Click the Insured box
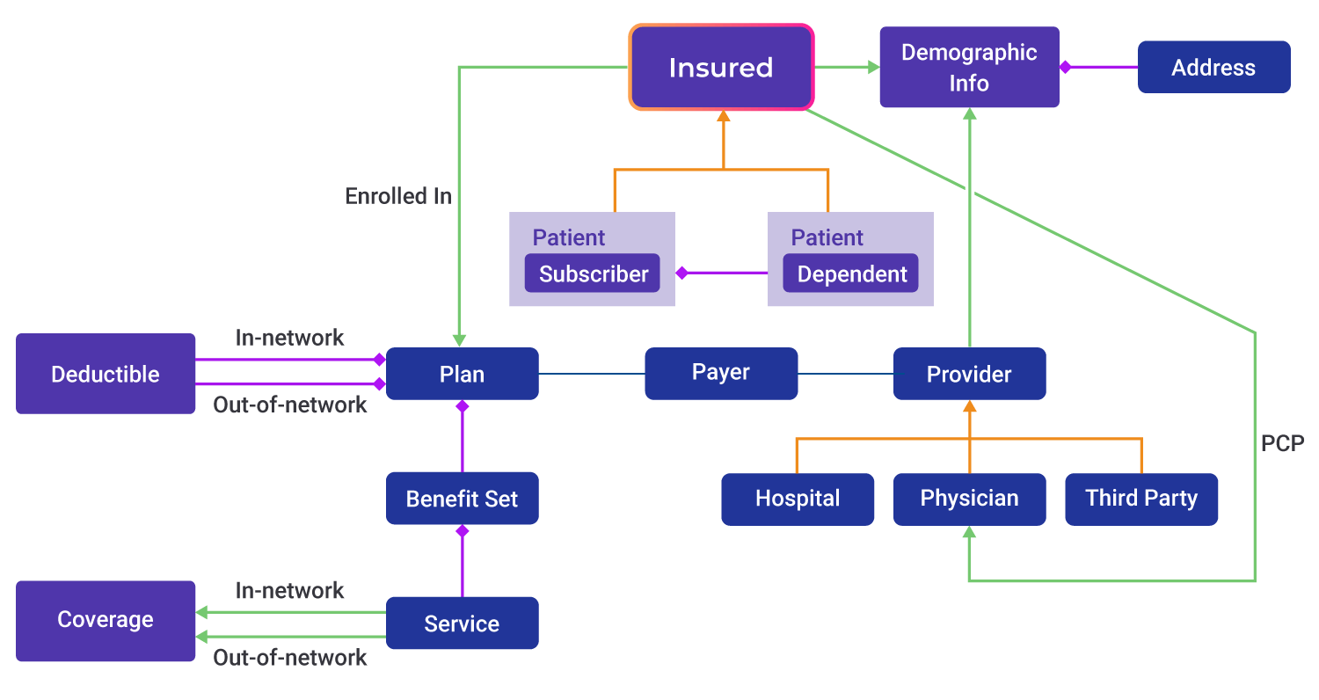point(721,68)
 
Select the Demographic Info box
point(969,68)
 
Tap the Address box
point(1213,68)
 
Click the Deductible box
point(106,374)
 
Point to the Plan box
point(462,374)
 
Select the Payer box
point(721,373)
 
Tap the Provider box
point(969,374)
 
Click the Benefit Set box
point(462,499)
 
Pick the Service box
point(462,623)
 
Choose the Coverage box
point(106,620)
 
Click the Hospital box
point(798,499)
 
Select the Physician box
point(969,499)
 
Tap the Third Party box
point(1141,499)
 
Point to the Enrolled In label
point(398,196)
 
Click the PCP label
point(1282,443)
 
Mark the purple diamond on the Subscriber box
point(681,273)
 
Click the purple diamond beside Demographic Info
point(1065,67)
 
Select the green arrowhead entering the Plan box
point(459,340)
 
